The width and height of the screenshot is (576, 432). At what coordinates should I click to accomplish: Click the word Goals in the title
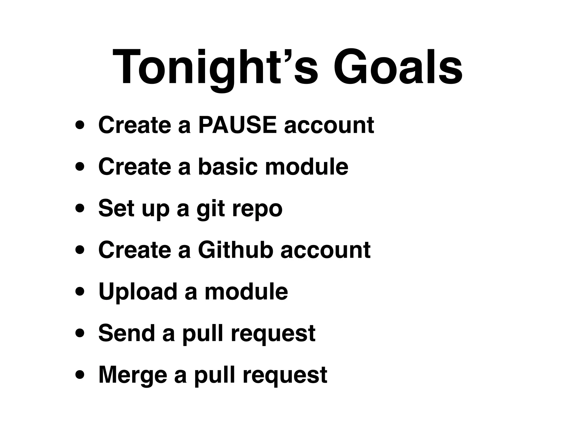coord(398,67)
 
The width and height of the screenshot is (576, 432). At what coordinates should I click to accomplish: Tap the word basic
coord(228,166)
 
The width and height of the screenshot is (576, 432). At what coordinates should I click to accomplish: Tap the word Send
coord(127,333)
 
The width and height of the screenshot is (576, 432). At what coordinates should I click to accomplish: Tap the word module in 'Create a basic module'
coord(307,166)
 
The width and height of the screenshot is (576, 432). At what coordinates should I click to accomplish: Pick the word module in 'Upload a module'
coord(246,291)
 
